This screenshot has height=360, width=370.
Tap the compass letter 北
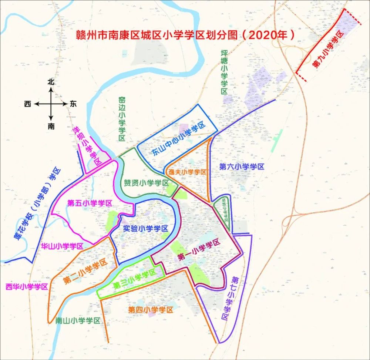[51, 82]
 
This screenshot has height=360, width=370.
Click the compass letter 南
[51, 126]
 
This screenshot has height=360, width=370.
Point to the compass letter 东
[73, 104]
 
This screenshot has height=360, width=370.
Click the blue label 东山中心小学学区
[178, 140]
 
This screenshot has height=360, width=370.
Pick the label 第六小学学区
[242, 166]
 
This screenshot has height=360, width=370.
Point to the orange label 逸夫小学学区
[187, 172]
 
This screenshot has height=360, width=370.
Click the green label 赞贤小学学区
[146, 183]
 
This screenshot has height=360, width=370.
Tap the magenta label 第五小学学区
[90, 203]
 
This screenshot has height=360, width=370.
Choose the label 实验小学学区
[145, 229]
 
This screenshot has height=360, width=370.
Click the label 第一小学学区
[199, 250]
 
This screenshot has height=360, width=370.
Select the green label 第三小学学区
[134, 280]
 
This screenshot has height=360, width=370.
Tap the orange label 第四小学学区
[151, 310]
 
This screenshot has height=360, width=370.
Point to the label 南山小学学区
[78, 320]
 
